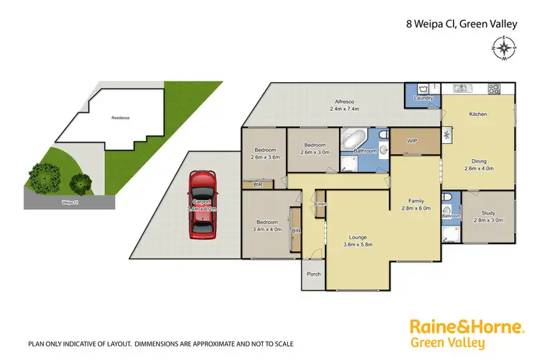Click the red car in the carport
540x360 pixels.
(202, 204)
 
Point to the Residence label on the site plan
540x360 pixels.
(120, 117)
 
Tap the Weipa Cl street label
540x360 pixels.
(71, 202)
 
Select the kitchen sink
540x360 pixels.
(462, 89)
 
